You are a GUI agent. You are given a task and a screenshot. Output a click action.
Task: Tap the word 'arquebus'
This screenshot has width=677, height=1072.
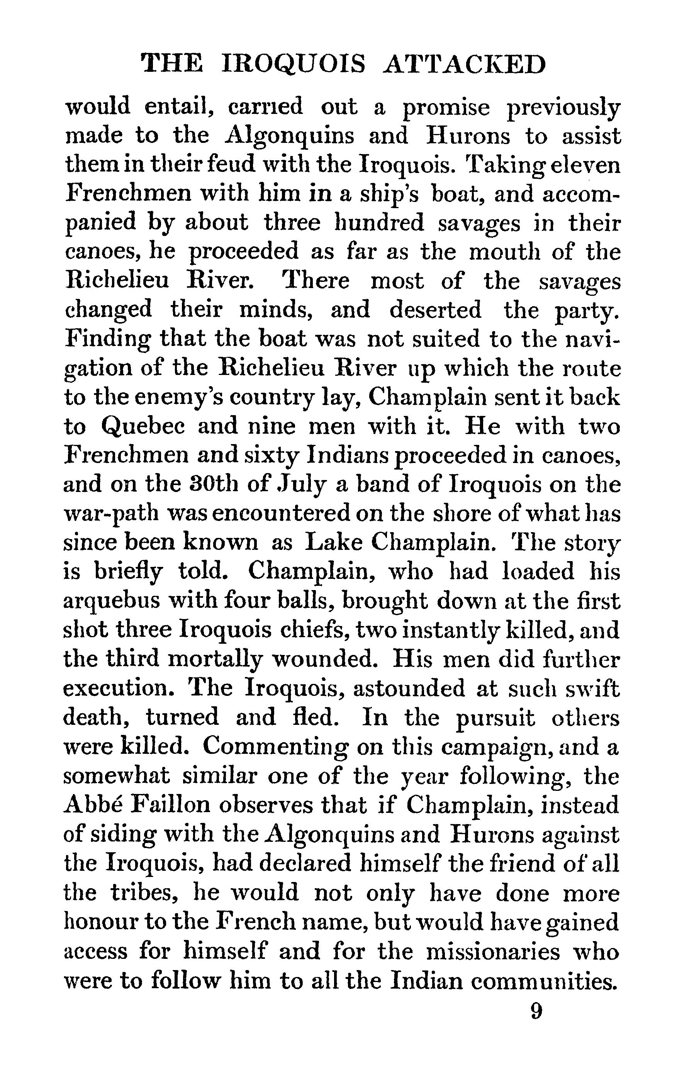pos(111,602)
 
